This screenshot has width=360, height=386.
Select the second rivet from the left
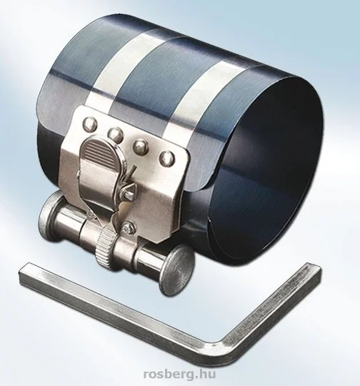115,134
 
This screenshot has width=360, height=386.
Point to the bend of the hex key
217,347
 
